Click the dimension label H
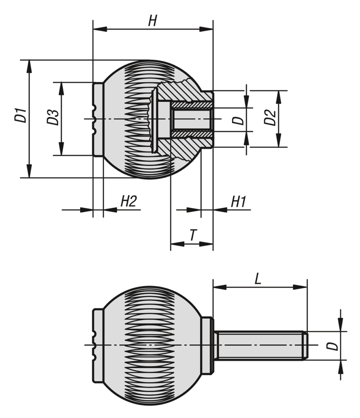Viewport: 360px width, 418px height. click(152, 21)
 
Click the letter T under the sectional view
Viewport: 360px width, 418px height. click(193, 235)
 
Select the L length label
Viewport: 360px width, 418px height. click(258, 279)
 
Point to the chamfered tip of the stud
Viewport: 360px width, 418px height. click(305, 345)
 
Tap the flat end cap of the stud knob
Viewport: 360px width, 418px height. click(98, 345)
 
